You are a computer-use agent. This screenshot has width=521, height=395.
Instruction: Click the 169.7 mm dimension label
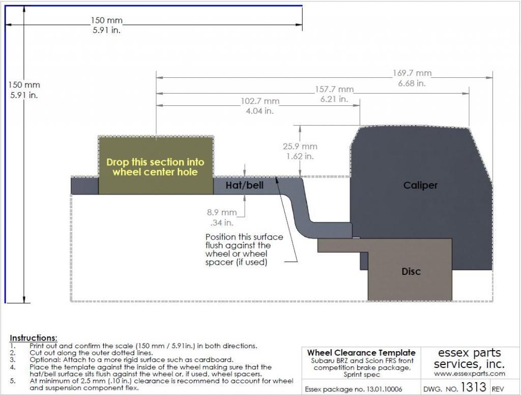[x=412, y=73]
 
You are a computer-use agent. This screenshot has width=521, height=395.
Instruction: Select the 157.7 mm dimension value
[x=334, y=90]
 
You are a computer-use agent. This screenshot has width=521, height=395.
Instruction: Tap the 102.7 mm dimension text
[x=259, y=101]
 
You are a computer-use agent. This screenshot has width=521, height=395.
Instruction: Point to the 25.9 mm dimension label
[x=300, y=146]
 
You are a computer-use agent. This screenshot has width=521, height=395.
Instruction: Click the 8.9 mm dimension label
[x=222, y=212]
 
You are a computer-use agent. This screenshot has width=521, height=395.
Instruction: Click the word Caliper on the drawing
[x=420, y=185]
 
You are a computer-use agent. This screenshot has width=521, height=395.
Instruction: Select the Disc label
[x=411, y=271]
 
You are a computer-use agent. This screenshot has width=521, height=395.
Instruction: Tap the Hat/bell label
[x=245, y=185]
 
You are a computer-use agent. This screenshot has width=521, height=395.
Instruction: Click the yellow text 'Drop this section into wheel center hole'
[x=155, y=167]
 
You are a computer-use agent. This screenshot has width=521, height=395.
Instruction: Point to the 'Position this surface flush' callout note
[x=244, y=249]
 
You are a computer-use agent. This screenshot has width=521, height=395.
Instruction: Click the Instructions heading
[x=34, y=338]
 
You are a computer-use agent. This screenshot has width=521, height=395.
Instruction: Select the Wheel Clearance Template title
[x=361, y=353]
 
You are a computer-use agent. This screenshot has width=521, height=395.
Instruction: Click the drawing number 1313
[x=472, y=388]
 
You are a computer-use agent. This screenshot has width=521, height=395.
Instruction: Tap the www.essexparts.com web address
[x=469, y=374]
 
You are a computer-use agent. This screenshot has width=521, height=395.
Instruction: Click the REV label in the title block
[x=499, y=389]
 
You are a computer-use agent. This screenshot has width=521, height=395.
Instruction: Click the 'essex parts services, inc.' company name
[x=469, y=358]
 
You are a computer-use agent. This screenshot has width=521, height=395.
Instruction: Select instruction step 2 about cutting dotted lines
[x=83, y=352]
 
